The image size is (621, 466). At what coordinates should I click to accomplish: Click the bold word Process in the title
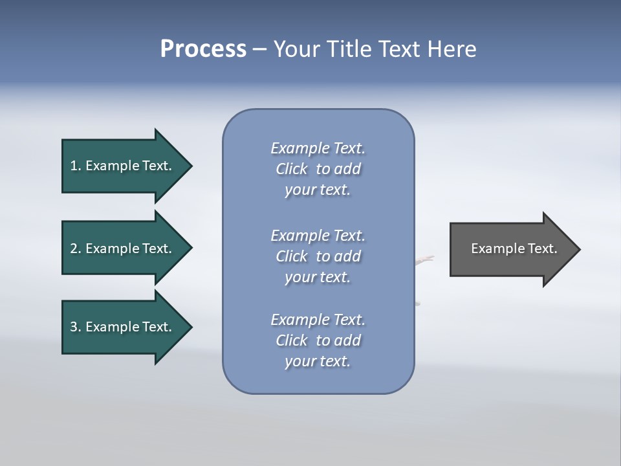(x=203, y=49)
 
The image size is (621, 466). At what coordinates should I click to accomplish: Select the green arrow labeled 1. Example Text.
(x=123, y=166)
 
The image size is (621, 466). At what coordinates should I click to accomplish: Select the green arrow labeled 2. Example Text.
(x=123, y=249)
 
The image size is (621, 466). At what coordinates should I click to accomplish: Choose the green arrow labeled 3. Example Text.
(x=123, y=327)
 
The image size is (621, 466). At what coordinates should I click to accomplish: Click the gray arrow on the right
(x=511, y=249)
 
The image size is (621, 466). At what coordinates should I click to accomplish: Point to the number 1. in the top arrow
(x=76, y=166)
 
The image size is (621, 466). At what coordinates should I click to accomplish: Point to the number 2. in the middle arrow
(x=76, y=249)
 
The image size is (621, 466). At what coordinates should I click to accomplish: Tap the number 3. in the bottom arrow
(x=76, y=327)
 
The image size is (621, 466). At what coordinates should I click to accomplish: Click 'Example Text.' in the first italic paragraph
(x=318, y=148)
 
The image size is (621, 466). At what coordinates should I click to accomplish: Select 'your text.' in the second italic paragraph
(x=318, y=277)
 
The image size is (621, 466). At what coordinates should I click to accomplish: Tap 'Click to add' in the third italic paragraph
(x=318, y=340)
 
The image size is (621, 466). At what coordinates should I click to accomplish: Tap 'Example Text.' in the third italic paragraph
(x=318, y=320)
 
